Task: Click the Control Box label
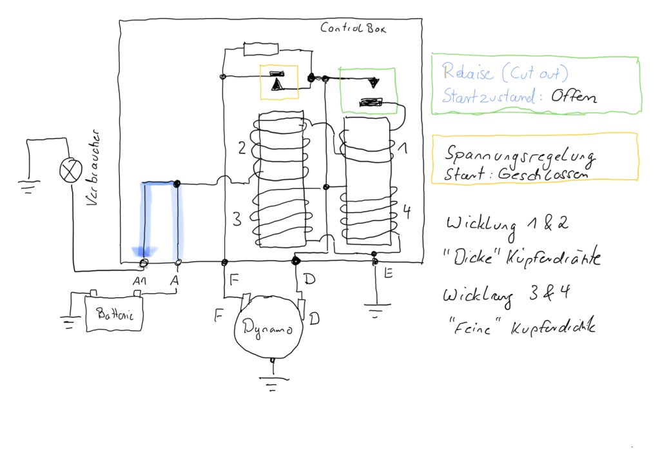[x=353, y=28]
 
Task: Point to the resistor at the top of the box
[x=261, y=49]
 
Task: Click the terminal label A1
[x=140, y=281]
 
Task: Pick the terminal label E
[x=388, y=274]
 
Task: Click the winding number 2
[x=242, y=148]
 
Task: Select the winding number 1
[x=403, y=149]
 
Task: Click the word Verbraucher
[x=91, y=171]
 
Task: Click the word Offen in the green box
[x=573, y=96]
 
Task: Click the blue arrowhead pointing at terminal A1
[x=143, y=252]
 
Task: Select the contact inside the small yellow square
[x=278, y=82]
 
